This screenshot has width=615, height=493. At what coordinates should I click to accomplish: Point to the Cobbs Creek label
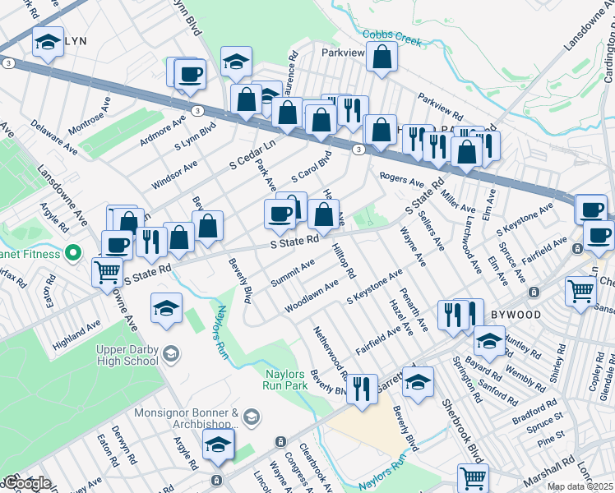pyautogui.click(x=392, y=37)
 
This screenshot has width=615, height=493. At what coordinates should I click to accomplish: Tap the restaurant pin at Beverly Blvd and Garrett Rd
pyautogui.click(x=361, y=385)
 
